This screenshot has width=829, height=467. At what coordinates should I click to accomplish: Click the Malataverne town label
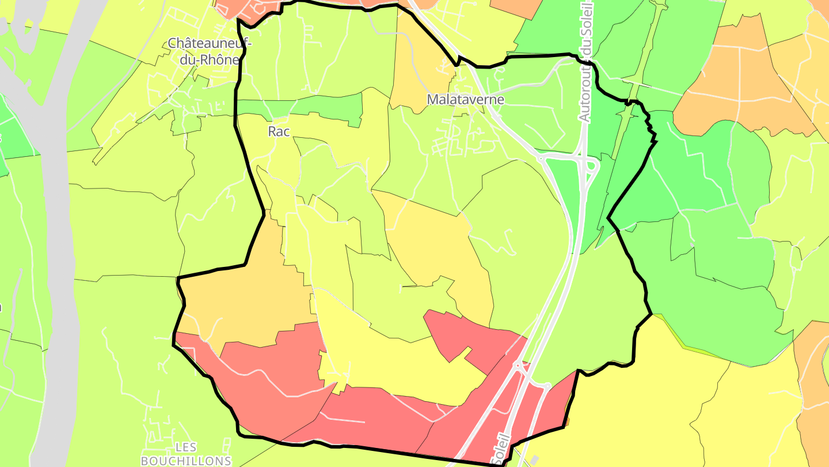point(465,100)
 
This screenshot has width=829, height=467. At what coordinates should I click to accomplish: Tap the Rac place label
point(279,131)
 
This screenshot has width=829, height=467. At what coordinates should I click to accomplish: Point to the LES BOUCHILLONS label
point(185,454)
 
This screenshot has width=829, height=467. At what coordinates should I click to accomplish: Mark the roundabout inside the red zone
point(518,364)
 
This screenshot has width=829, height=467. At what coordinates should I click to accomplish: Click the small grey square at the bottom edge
point(535,460)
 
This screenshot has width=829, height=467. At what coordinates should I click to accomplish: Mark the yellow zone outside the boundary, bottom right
point(662,404)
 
